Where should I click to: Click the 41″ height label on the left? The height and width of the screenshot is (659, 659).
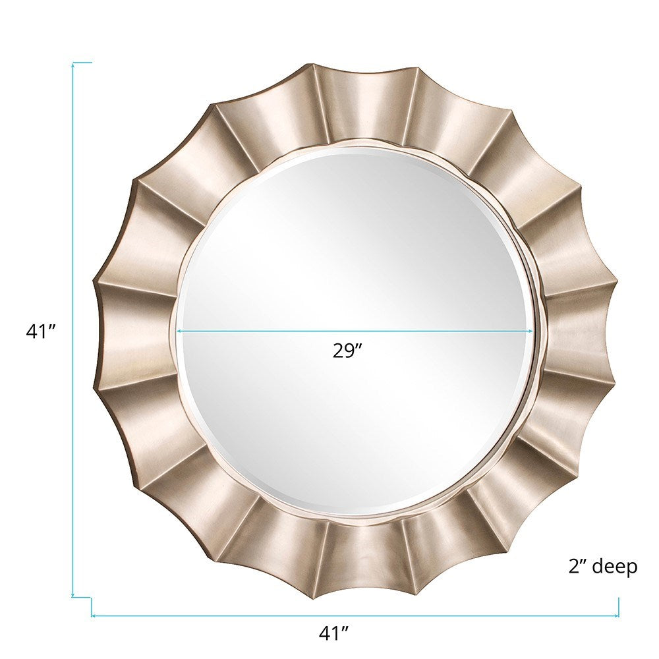[39, 331]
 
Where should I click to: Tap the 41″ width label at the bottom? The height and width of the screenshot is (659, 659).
[333, 634]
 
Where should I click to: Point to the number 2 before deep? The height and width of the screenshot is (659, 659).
[573, 566]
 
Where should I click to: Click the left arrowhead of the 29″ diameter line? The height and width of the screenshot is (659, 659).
[179, 331]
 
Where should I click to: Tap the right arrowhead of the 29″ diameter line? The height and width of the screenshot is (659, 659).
[530, 331]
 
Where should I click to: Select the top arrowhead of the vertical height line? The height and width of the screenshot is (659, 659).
[72, 65]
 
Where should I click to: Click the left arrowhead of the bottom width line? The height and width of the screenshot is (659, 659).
[94, 616]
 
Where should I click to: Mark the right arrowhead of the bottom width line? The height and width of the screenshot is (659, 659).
[616, 616]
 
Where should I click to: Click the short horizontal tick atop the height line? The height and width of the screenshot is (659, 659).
[82, 63]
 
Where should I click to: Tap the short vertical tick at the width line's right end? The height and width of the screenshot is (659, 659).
[619, 607]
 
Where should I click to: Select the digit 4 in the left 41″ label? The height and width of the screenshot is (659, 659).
[32, 331]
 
